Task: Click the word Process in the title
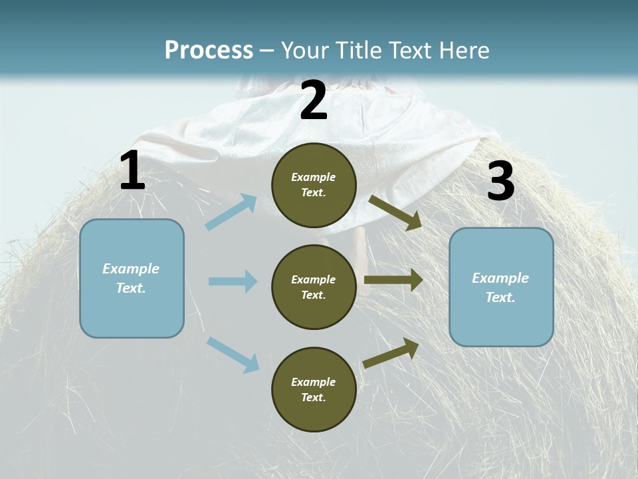click(x=209, y=50)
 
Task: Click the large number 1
click(x=132, y=172)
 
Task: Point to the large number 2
click(x=314, y=100)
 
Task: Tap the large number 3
click(x=500, y=182)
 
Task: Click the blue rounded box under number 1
click(x=132, y=278)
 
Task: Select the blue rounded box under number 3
click(x=501, y=287)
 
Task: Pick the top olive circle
click(x=314, y=185)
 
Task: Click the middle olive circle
click(x=314, y=287)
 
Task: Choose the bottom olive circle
click(x=314, y=389)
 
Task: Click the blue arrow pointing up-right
click(x=231, y=212)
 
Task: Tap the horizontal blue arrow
click(x=233, y=281)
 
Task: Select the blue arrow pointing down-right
click(x=233, y=355)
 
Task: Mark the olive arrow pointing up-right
click(x=391, y=353)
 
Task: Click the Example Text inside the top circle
click(x=314, y=185)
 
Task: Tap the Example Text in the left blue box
click(x=132, y=278)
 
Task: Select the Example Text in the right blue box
click(x=501, y=287)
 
